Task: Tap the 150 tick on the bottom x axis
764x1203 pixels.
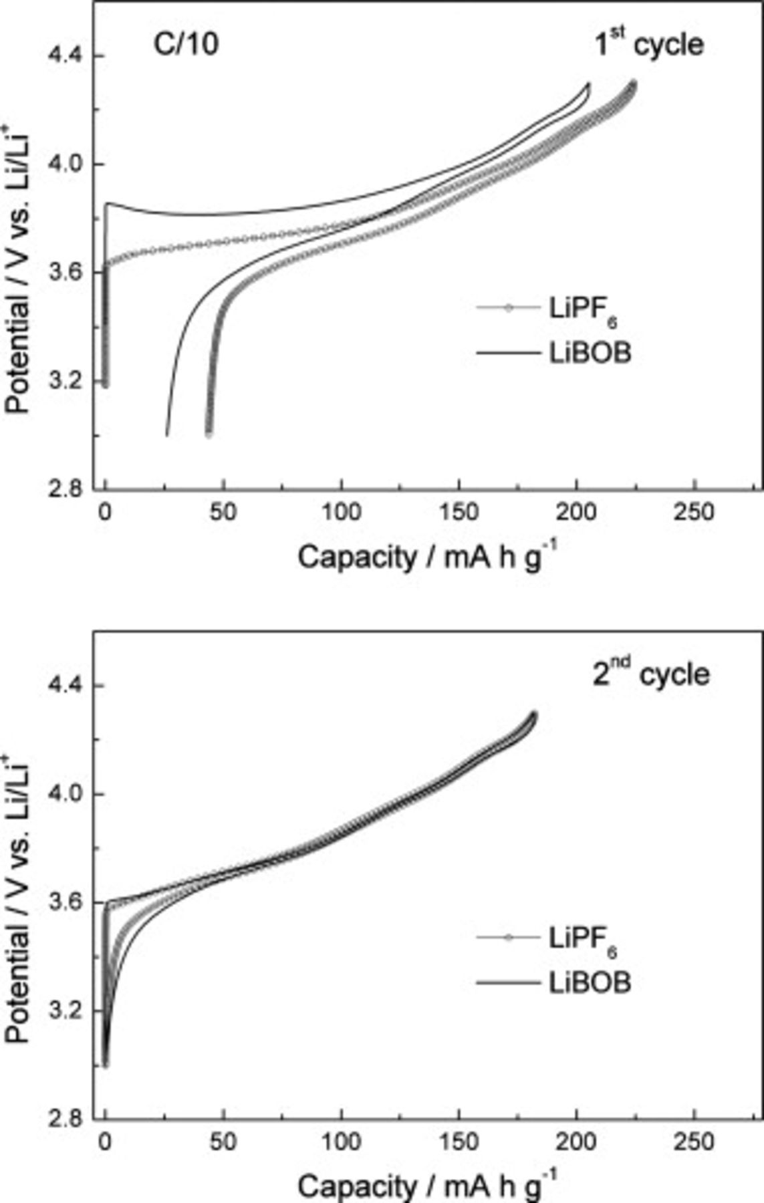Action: (459, 1142)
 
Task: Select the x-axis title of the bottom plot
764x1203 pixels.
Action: (426, 1185)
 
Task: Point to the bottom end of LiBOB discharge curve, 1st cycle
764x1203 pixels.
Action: (166, 436)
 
